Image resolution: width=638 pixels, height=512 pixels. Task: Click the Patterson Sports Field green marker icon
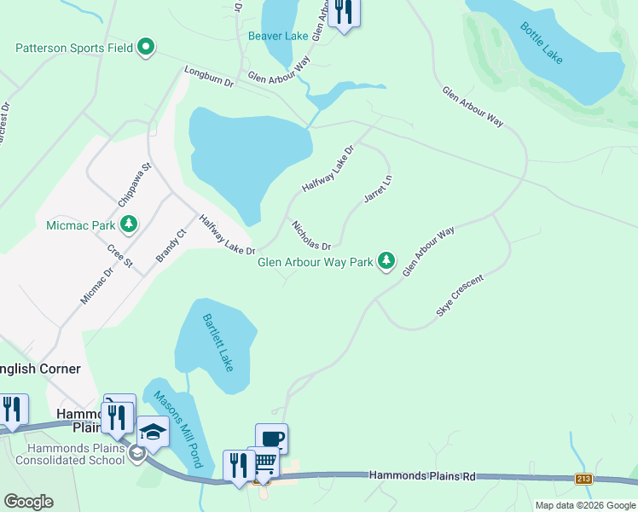tap(146, 48)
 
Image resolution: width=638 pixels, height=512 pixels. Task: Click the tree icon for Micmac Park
tap(129, 224)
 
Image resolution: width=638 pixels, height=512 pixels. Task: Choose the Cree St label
tap(120, 256)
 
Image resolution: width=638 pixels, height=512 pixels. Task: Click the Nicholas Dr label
tap(310, 235)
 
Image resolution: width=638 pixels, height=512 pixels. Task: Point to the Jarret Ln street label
tap(377, 189)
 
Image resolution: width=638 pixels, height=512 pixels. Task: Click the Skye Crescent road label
tap(460, 296)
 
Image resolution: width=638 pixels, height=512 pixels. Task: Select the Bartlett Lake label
tap(217, 342)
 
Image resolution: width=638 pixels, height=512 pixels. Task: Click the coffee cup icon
tap(271, 439)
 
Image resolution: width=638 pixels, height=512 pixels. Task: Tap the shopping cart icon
tap(264, 463)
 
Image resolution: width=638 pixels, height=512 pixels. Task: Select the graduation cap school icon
tap(153, 432)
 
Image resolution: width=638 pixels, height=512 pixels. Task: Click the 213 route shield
tap(583, 479)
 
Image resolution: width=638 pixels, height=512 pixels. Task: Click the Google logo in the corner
tap(28, 501)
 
